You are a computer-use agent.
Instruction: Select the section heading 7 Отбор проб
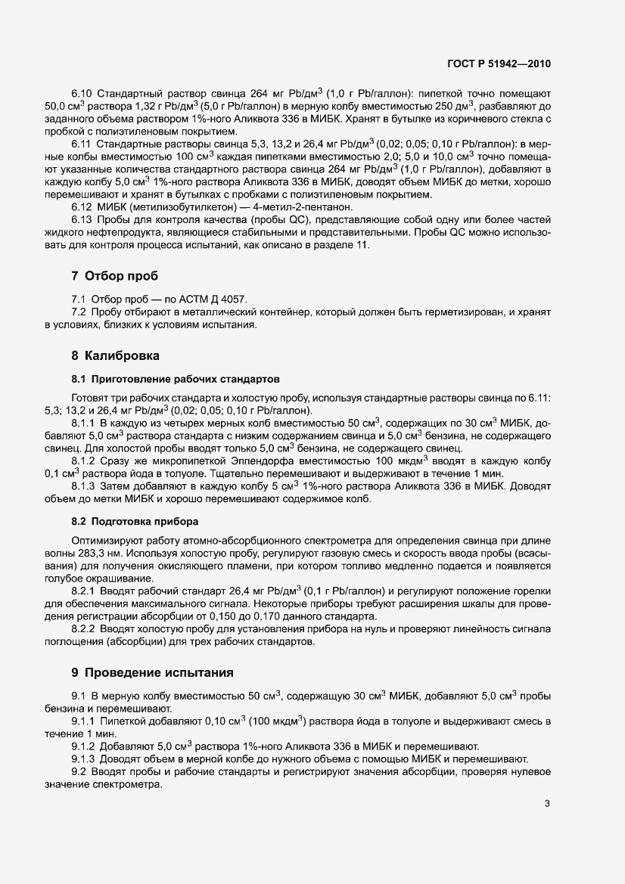click(x=113, y=275)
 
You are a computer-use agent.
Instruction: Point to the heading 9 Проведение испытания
click(x=152, y=672)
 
